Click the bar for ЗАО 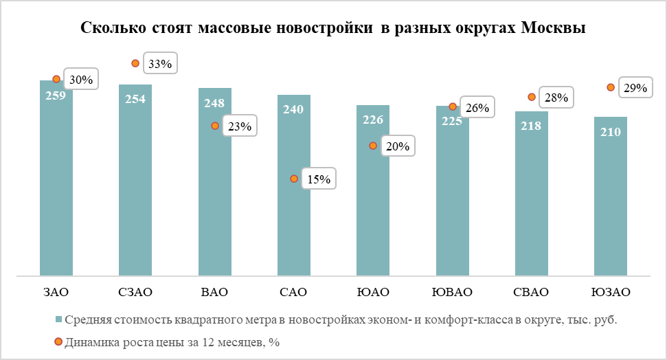tap(56, 179)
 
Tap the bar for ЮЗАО tap(611, 196)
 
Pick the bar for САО tap(294, 185)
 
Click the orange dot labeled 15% tap(294, 179)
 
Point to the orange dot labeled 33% tap(136, 64)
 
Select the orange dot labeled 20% tap(373, 146)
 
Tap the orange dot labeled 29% tap(610, 87)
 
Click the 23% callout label tap(240, 126)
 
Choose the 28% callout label tap(556, 98)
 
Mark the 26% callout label tap(477, 108)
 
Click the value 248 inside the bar tap(215, 102)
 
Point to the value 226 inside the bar tap(373, 120)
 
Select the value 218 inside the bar tap(531, 126)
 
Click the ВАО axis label tap(215, 292)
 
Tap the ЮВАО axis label tap(452, 292)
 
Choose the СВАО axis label tap(531, 292)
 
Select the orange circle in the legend tap(59, 341)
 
